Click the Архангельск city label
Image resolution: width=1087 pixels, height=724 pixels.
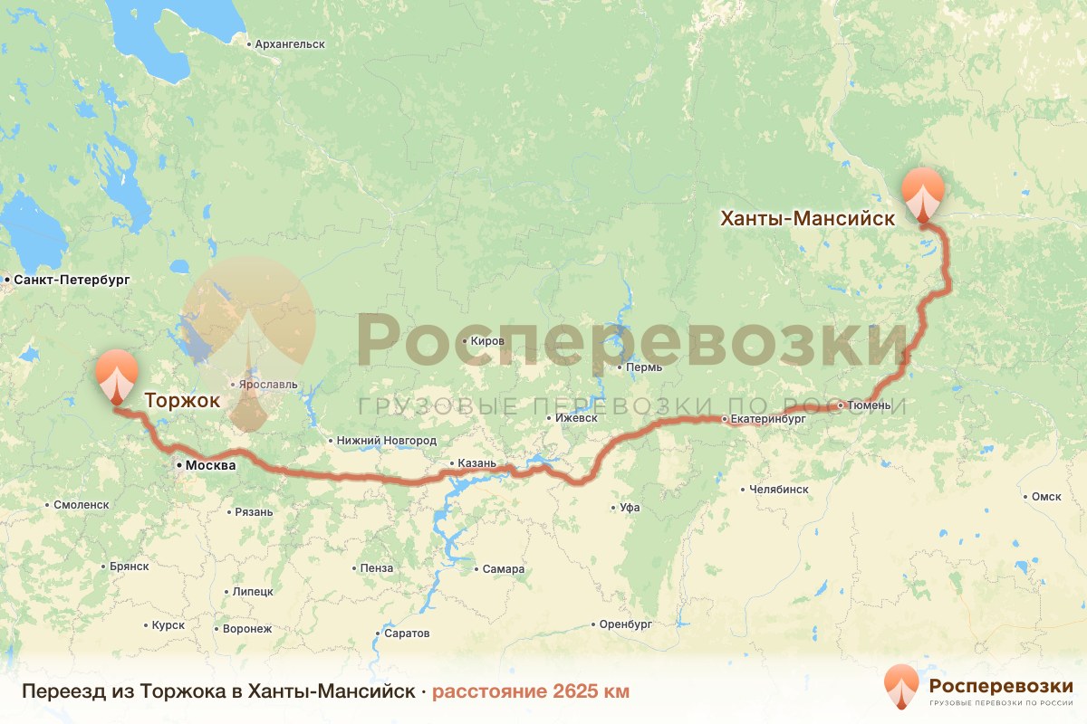pos(289,43)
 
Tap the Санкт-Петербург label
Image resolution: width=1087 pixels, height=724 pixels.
pos(71,280)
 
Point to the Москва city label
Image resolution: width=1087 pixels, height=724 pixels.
pos(210,465)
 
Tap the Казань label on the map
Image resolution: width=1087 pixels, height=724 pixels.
pos(477,463)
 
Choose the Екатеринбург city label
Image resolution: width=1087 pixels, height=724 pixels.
pos(768,420)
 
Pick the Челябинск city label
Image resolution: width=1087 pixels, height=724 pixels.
pos(779,489)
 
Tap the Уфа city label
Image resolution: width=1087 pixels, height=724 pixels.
pos(630,508)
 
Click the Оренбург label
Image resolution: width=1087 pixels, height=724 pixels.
pos(625,624)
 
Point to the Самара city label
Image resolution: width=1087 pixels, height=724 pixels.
pos(503,569)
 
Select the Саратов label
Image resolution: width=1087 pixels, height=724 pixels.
pos(406,633)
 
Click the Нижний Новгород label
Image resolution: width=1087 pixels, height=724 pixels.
pos(386,441)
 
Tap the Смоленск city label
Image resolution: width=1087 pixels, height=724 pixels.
pos(81,505)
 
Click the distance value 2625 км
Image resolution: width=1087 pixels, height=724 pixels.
pos(530,692)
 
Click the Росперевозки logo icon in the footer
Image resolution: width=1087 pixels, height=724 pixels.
pos(901,687)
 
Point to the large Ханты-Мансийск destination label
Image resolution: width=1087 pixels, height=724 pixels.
pos(807,218)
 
